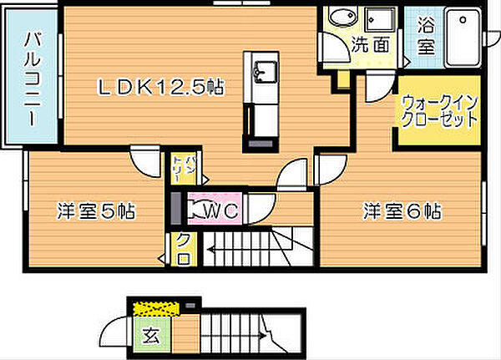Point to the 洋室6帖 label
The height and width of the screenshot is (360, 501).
(402, 210)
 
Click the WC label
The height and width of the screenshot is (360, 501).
(222, 211)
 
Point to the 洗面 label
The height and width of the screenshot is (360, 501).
(370, 45)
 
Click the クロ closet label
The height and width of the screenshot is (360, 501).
(183, 248)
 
